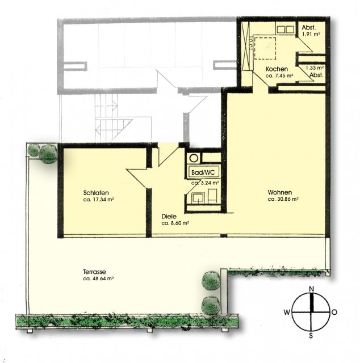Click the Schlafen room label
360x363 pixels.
click(96, 193)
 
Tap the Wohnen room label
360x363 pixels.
click(280, 192)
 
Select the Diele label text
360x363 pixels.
click(169, 217)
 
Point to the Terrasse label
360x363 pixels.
click(95, 272)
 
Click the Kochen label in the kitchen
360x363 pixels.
click(277, 69)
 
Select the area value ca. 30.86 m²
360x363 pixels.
click(283, 199)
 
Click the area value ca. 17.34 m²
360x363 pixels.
click(99, 200)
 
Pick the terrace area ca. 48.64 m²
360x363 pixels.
click(98, 278)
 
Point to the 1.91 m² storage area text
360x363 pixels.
click(311, 34)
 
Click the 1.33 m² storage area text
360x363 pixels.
click(315, 68)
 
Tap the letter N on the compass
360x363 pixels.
click(311, 289)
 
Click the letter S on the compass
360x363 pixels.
click(311, 335)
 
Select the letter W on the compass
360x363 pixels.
click(287, 313)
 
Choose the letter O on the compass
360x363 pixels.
click(334, 313)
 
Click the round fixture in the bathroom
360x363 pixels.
click(194, 158)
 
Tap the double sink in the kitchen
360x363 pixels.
click(286, 29)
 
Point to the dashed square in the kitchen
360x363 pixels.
click(265, 48)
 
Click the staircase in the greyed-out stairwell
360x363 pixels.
click(114, 118)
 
